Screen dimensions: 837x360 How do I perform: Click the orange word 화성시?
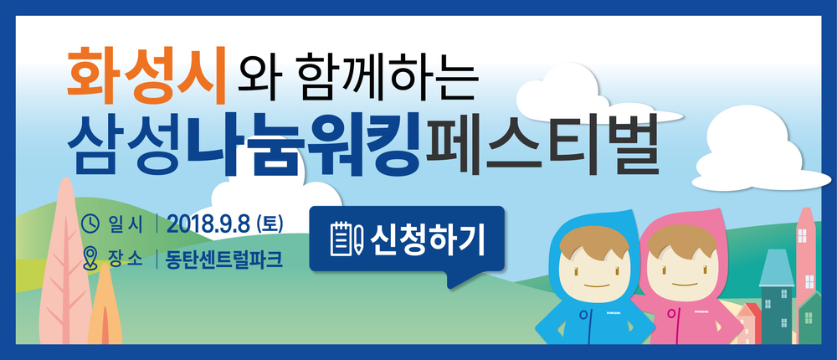click(x=146, y=76)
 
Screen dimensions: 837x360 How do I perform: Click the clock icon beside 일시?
click(x=91, y=224)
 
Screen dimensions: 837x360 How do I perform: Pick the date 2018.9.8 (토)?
click(x=224, y=225)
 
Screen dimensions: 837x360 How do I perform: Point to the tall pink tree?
click(x=64, y=262)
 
